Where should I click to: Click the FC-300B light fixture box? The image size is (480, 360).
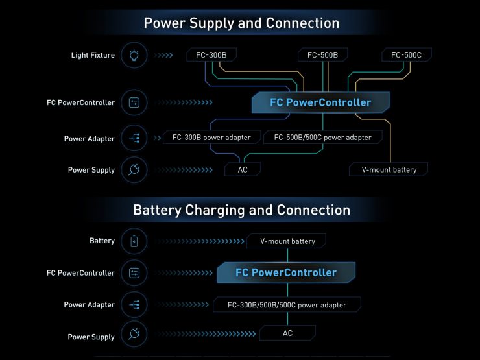pyautogui.click(x=211, y=55)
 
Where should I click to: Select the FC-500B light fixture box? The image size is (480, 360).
pyautogui.click(x=322, y=55)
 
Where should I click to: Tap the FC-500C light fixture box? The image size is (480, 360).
pyautogui.click(x=406, y=55)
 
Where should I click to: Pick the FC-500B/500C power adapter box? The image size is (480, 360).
pyautogui.click(x=322, y=138)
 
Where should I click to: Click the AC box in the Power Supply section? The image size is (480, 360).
pyautogui.click(x=242, y=170)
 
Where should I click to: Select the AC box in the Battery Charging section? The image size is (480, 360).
pyautogui.click(x=287, y=333)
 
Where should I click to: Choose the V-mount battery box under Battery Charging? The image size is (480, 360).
pyautogui.click(x=287, y=241)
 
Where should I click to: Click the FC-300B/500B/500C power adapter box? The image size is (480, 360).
pyautogui.click(x=287, y=305)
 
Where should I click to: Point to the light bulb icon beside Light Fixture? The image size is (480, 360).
pyautogui.click(x=134, y=56)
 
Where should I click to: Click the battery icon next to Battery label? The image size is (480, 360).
pyautogui.click(x=134, y=241)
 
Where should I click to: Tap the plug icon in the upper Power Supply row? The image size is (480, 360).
pyautogui.click(x=134, y=170)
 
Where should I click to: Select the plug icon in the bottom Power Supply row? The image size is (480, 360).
pyautogui.click(x=134, y=336)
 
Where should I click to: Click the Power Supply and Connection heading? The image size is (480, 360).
pyautogui.click(x=241, y=23)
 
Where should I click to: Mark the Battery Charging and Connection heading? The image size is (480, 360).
pyautogui.click(x=241, y=210)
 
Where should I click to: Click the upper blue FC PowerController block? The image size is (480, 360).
pyautogui.click(x=320, y=102)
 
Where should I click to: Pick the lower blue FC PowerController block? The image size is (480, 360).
pyautogui.click(x=286, y=273)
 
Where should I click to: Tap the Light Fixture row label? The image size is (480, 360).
pyautogui.click(x=93, y=55)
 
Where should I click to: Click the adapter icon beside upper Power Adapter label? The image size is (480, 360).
pyautogui.click(x=134, y=138)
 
